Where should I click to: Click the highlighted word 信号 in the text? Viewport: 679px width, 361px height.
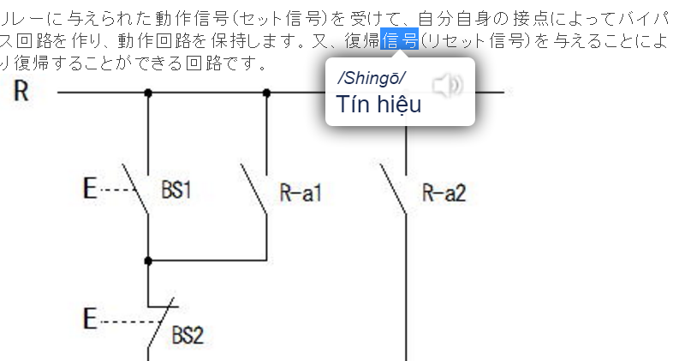(400, 40)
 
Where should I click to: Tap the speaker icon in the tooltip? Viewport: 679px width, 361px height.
(446, 85)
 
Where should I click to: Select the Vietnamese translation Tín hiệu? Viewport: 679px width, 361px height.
(378, 105)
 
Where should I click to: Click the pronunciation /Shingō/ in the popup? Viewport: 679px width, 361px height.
(372, 79)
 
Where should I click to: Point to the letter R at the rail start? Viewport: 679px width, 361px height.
(21, 91)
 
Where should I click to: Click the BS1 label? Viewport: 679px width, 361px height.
(176, 190)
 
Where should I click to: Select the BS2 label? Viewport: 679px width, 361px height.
(188, 334)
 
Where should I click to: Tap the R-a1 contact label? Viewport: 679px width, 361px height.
(301, 192)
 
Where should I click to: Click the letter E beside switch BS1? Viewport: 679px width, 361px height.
(90, 189)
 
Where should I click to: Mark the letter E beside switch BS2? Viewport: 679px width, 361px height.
(90, 320)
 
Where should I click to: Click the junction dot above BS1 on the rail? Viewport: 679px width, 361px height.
(148, 92)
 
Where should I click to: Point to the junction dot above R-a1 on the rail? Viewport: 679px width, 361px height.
(266, 92)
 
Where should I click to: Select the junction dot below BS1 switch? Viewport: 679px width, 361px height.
(148, 260)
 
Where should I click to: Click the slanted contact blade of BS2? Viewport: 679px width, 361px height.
(163, 322)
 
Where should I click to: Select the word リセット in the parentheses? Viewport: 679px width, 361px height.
(455, 40)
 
